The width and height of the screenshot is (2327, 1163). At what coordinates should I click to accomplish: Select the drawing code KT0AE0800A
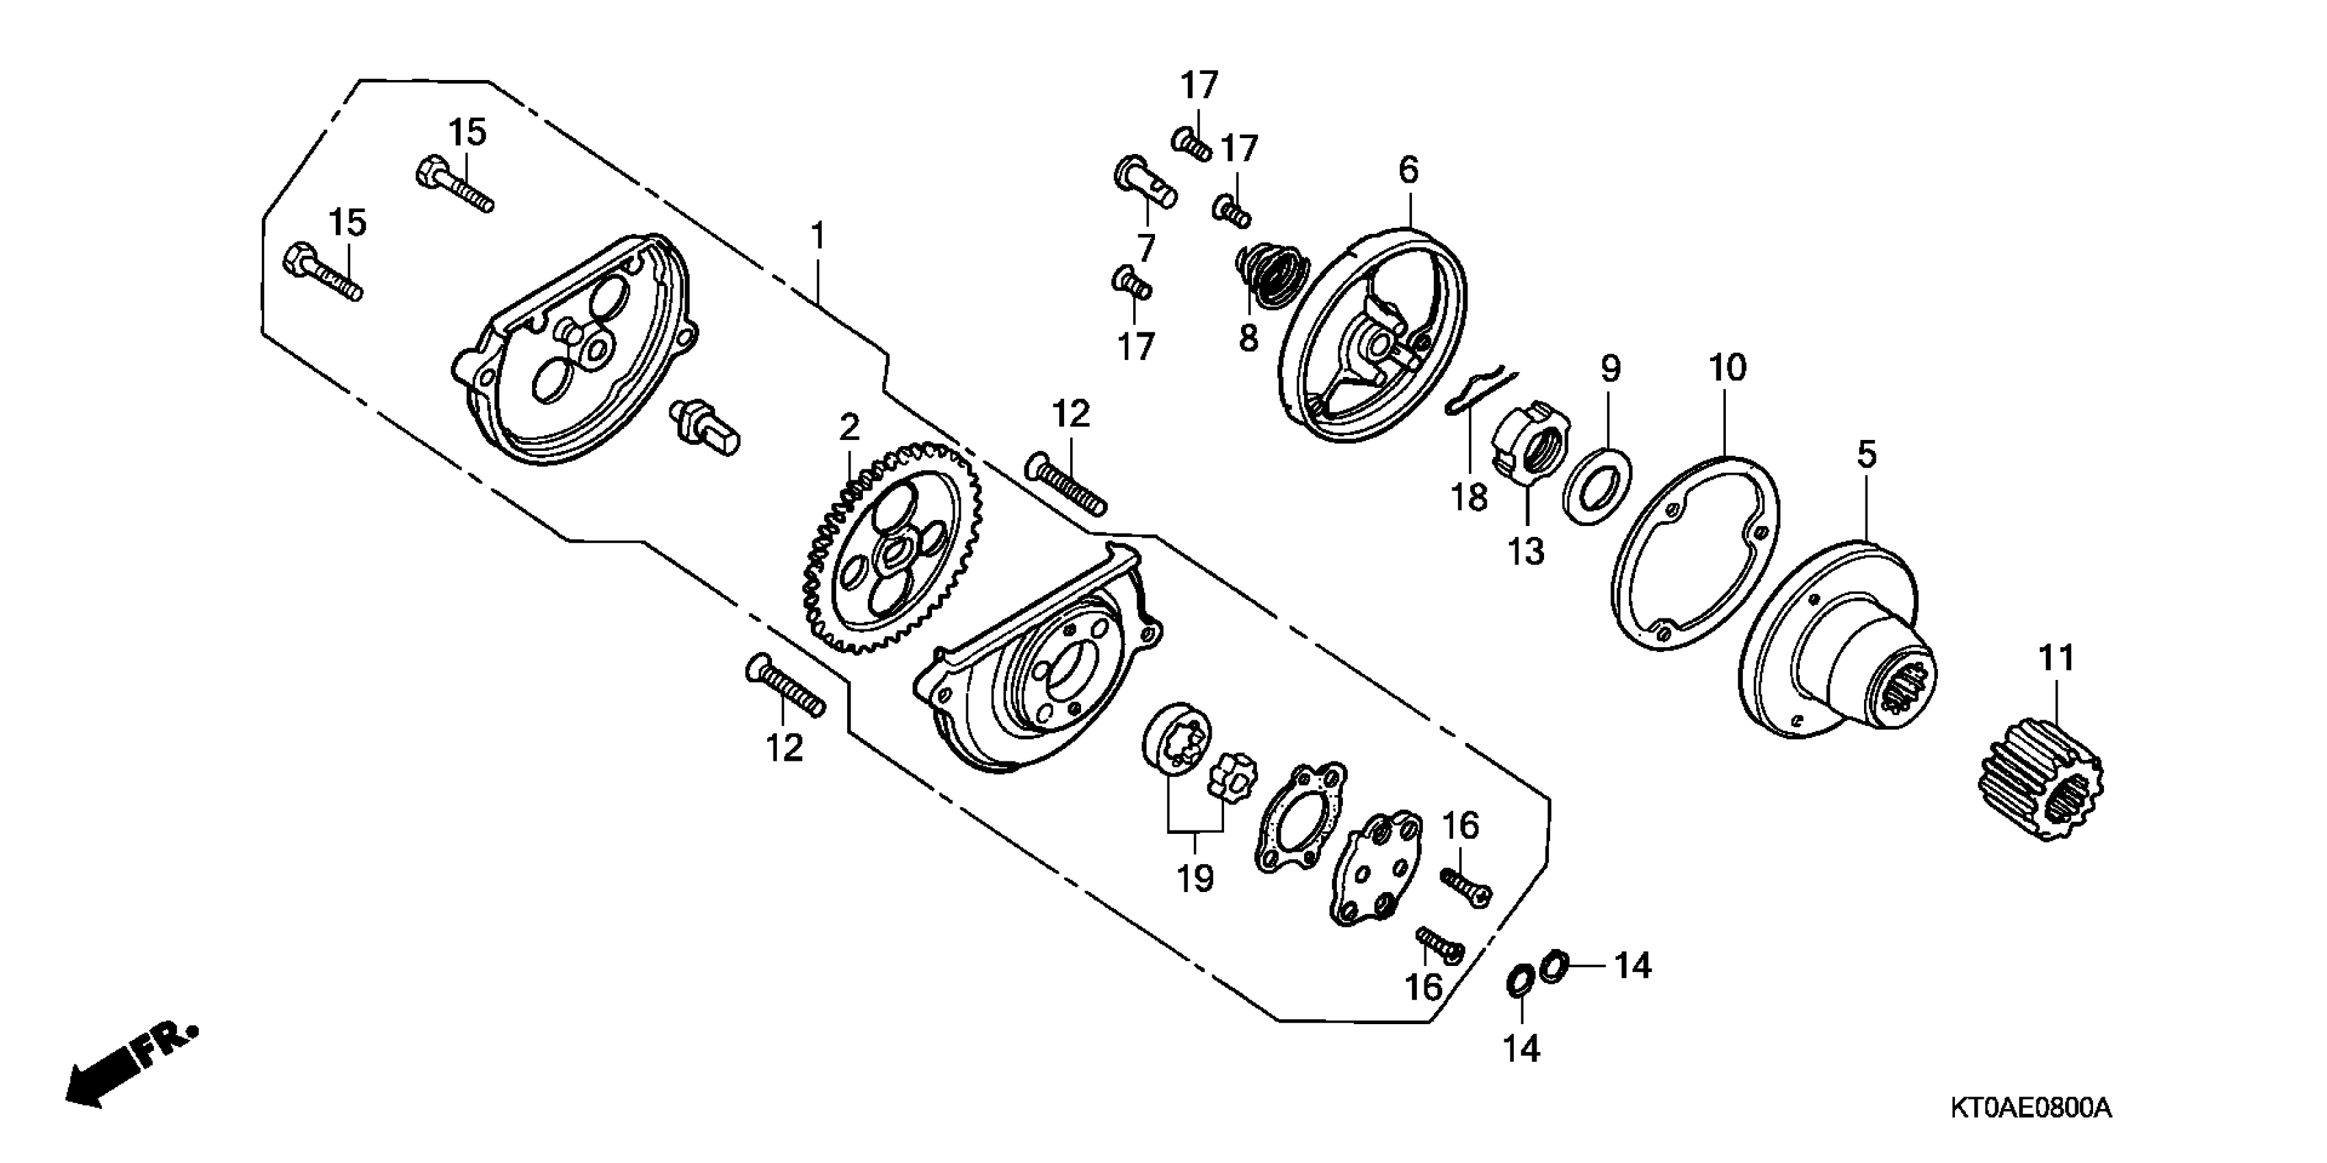[2030, 1107]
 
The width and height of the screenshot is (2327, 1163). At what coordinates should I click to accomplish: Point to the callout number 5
[1866, 454]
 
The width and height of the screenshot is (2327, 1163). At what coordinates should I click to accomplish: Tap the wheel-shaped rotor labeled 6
[1374, 337]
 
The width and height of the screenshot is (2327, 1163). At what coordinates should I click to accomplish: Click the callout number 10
[1727, 368]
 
